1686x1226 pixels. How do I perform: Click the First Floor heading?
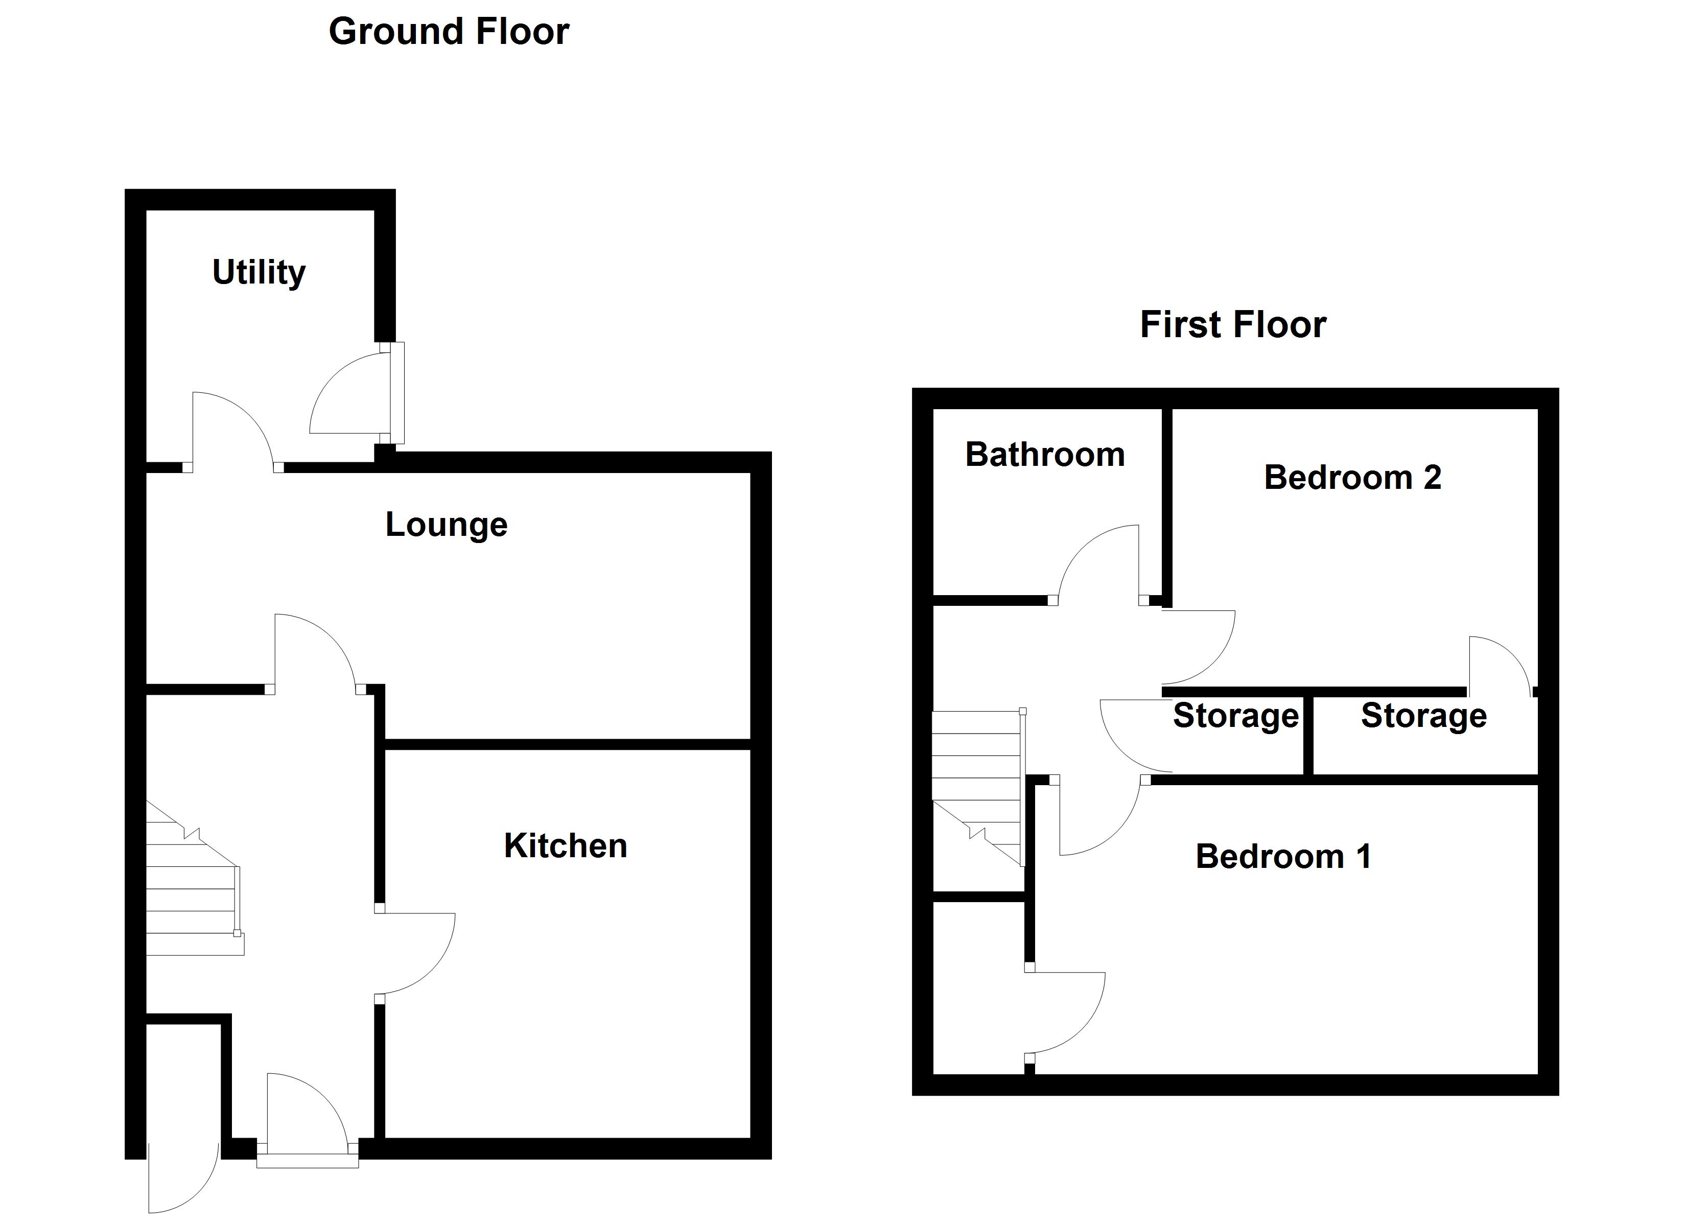(1232, 325)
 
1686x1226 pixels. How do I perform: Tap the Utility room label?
(259, 272)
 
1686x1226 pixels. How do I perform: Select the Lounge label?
(446, 525)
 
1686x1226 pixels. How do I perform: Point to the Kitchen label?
(565, 846)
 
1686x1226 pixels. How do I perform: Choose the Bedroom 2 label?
(1352, 477)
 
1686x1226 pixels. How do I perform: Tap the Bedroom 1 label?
(1283, 857)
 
